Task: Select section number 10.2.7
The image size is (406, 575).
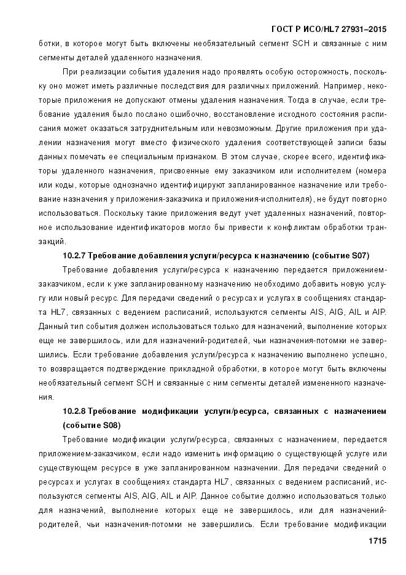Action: (x=76, y=255)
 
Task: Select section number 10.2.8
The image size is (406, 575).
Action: (x=76, y=410)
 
